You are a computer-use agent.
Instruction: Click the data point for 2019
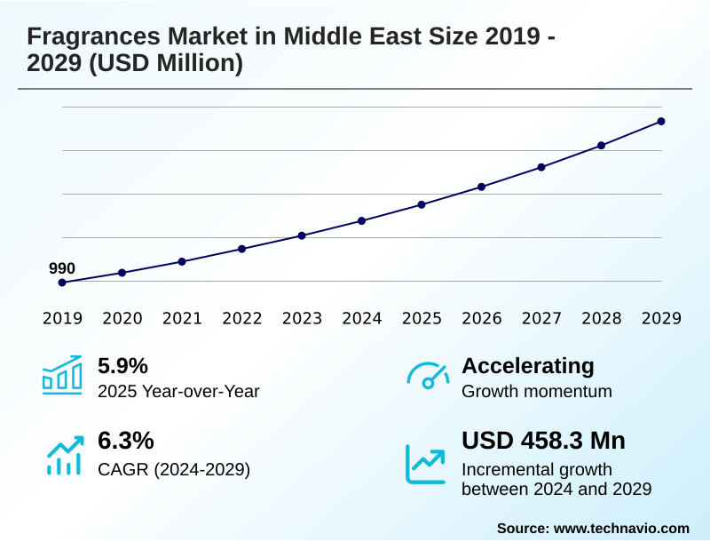[x=62, y=283]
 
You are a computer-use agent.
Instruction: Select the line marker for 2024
[x=362, y=220]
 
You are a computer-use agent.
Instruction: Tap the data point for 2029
[x=661, y=121]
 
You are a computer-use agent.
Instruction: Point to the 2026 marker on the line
[x=482, y=187]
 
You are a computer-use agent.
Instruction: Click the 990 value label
[x=62, y=268]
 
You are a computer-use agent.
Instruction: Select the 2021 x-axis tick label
[x=182, y=319]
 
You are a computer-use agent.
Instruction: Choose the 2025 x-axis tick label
[x=422, y=319]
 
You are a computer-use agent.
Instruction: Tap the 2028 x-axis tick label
[x=601, y=319]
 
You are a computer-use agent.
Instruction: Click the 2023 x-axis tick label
[x=302, y=319]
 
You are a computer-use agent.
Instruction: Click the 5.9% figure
[x=122, y=366]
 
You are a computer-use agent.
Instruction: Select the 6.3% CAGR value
[x=125, y=441]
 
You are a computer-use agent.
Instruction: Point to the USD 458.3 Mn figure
[x=543, y=441]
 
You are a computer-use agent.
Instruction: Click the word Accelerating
[x=528, y=366]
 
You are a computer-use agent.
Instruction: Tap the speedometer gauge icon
[x=427, y=376]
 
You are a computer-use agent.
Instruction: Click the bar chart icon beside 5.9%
[x=62, y=375]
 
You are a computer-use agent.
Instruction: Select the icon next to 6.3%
[x=63, y=456]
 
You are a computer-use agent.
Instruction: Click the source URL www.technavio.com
[x=621, y=528]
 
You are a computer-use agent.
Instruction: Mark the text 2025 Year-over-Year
[x=178, y=391]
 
